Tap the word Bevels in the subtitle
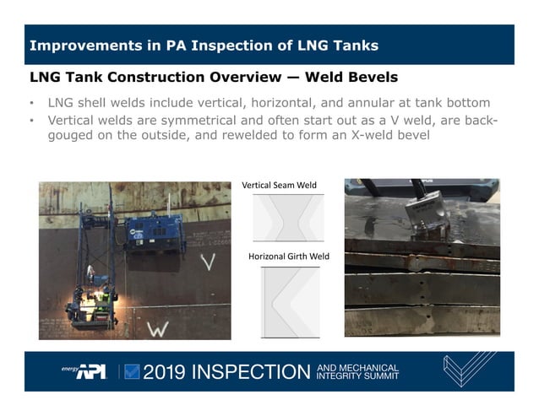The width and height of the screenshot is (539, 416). pyautogui.click(x=369, y=78)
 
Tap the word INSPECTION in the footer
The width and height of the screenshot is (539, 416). pyautogui.click(x=254, y=372)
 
